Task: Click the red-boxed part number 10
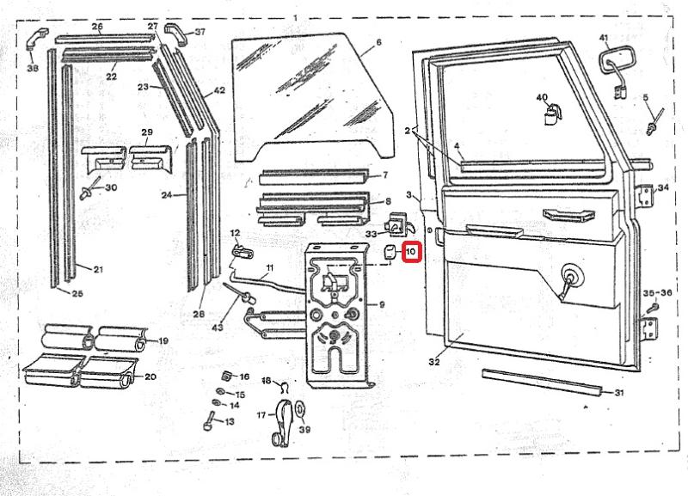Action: click(410, 253)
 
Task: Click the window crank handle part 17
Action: click(281, 421)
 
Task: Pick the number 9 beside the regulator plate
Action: click(381, 304)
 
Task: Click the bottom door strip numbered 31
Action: click(542, 383)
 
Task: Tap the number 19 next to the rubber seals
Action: click(162, 341)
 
